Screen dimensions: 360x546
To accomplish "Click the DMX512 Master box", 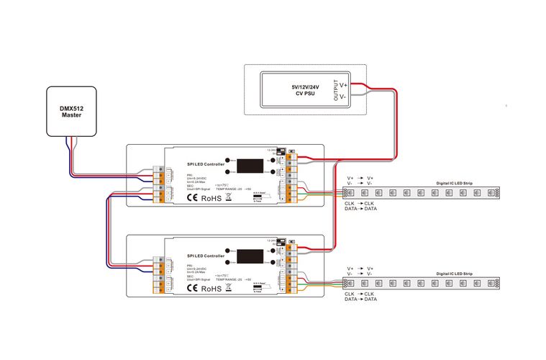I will click(x=72, y=111).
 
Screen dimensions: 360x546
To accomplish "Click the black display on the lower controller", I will click(x=248, y=256).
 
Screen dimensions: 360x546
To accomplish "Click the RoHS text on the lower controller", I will click(x=211, y=289).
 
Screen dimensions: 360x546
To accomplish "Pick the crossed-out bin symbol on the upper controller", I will click(x=229, y=197).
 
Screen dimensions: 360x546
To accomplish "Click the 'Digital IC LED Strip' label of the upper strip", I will click(x=455, y=184).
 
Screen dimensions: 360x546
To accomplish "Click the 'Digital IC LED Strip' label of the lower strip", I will click(x=455, y=274).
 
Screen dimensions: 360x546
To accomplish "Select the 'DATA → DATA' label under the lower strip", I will click(x=360, y=299).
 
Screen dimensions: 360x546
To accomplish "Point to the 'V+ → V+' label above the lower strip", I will click(x=360, y=268).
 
